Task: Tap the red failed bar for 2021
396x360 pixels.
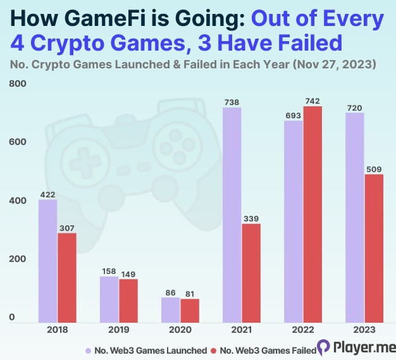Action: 251,273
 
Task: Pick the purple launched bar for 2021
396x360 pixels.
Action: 232,214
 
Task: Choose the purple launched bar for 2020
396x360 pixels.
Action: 171,309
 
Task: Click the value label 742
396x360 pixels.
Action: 312,101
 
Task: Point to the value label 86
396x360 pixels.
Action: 171,292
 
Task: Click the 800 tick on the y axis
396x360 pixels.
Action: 16,84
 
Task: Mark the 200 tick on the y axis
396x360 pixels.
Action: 16,259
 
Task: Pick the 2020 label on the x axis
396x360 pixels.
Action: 180,330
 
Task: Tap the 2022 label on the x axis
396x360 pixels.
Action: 303,330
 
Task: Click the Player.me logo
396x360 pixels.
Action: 356,347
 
